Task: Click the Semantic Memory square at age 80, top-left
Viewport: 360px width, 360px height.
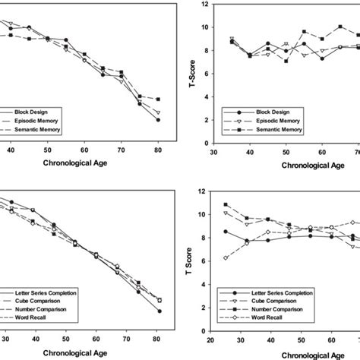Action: click(x=158, y=99)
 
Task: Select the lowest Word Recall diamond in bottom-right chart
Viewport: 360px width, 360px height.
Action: click(x=226, y=258)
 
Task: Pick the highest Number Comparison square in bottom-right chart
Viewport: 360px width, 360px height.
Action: click(x=226, y=205)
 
